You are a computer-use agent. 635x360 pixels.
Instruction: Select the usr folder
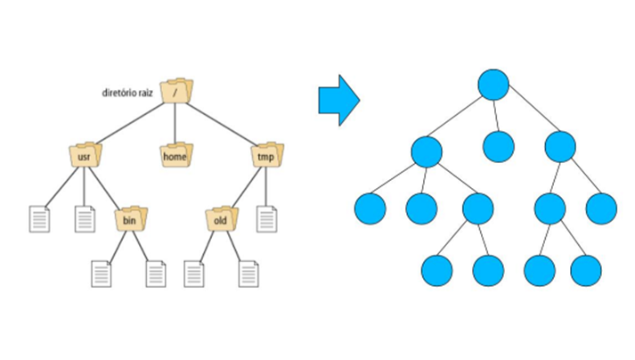click(x=85, y=156)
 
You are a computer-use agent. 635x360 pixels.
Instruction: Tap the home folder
click(x=175, y=156)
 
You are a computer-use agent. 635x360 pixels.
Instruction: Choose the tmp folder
click(x=265, y=156)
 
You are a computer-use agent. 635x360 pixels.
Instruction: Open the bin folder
click(x=129, y=217)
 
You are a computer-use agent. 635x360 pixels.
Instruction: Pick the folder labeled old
click(x=219, y=217)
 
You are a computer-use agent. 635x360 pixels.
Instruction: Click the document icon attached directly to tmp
click(x=265, y=218)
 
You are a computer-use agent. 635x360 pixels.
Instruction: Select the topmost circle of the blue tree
click(x=493, y=85)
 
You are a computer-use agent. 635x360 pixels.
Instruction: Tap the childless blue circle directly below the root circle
click(x=500, y=146)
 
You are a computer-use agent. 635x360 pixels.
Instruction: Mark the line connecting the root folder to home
click(x=175, y=121)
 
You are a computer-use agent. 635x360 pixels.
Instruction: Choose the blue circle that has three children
click(x=427, y=151)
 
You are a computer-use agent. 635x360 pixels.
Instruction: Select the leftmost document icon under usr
click(x=39, y=218)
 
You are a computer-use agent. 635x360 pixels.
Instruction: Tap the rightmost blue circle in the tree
click(x=602, y=209)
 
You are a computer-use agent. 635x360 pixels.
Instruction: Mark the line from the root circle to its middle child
click(x=496, y=116)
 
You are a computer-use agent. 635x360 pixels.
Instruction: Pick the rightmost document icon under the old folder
click(x=248, y=273)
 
